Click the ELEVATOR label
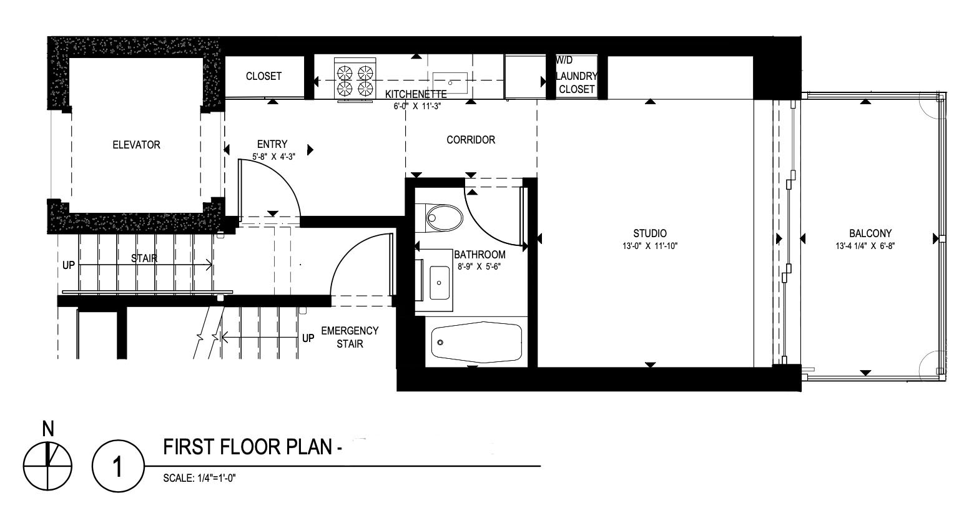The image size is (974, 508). (x=136, y=145)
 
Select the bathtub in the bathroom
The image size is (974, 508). (x=476, y=343)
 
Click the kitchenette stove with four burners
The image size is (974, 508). (x=355, y=80)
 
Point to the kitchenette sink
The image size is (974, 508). (x=450, y=82)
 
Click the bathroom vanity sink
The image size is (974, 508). (x=439, y=283)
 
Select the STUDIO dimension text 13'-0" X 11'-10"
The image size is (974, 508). (x=649, y=246)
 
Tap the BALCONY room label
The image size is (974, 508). (x=870, y=233)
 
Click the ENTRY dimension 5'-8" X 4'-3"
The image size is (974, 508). (x=273, y=157)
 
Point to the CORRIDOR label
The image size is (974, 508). (x=471, y=140)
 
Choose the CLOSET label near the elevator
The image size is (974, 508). (x=263, y=76)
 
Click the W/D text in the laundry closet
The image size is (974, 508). (x=564, y=61)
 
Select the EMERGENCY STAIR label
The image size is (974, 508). (x=350, y=337)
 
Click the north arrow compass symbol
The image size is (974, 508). (x=47, y=466)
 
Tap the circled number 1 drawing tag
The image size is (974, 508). (x=117, y=466)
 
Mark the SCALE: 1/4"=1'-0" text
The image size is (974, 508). (x=199, y=479)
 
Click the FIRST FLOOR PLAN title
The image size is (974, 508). (x=252, y=447)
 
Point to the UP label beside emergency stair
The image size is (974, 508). (x=308, y=338)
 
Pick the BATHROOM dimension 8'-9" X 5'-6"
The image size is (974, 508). (x=479, y=267)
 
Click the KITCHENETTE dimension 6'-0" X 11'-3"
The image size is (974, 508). (x=418, y=106)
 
